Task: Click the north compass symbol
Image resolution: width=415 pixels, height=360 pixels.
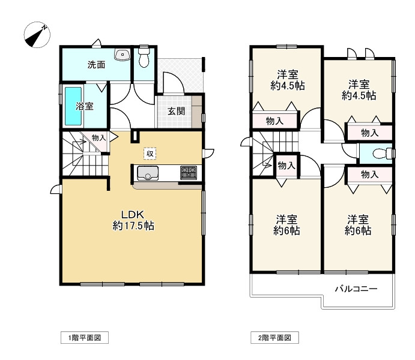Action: tap(37, 34)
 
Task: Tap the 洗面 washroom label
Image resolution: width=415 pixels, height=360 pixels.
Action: tap(97, 65)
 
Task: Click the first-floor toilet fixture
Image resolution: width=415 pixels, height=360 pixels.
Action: tap(144, 58)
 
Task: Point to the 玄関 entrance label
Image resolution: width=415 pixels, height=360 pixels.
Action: tap(176, 111)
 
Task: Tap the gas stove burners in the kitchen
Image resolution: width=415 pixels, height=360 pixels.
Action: tap(189, 173)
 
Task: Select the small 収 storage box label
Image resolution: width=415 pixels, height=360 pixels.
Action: tap(150, 154)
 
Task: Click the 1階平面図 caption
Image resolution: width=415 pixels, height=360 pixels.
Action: tap(85, 338)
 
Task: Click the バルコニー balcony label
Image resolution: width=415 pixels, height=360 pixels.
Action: tap(356, 289)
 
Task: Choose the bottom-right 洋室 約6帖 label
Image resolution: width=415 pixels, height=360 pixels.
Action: tap(358, 224)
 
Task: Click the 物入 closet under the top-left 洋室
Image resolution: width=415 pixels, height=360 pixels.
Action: tap(275, 121)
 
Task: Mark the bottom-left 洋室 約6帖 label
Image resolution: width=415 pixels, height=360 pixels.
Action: tap(287, 224)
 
